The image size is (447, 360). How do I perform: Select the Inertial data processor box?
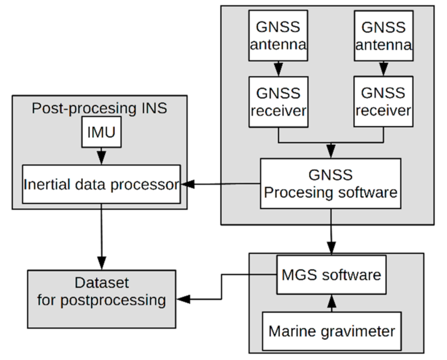tap(101, 185)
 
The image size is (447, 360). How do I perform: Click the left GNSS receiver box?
tap(278, 101)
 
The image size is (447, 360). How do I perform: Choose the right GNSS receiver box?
tap(383, 101)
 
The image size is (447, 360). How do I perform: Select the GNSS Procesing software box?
tap(330, 183)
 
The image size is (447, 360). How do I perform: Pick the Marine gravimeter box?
tap(331, 330)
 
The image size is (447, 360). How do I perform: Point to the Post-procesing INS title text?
tap(99, 108)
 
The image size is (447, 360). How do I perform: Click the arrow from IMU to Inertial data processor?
tap(101, 156)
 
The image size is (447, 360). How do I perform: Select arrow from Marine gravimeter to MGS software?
tap(331, 302)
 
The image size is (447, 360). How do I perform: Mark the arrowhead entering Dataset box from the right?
tap(183, 299)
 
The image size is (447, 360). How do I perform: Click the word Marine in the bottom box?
tap(291, 330)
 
